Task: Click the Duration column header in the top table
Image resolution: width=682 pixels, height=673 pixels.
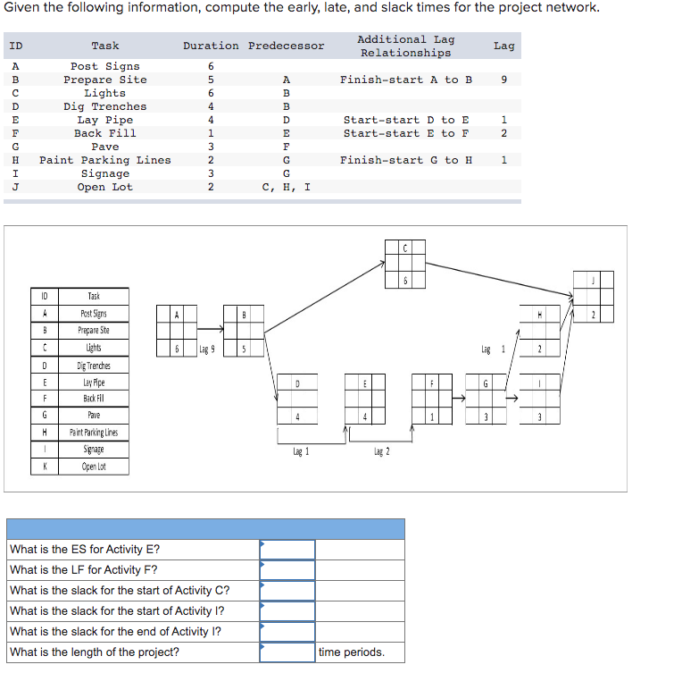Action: pyautogui.click(x=211, y=46)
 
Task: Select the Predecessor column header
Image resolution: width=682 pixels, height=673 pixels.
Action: pyautogui.click(x=287, y=46)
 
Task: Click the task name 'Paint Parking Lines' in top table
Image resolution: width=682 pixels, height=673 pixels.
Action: pyautogui.click(x=105, y=160)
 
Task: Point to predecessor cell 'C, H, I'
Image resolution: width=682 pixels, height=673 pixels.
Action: pyautogui.click(x=287, y=187)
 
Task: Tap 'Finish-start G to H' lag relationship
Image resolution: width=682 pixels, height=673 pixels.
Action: pyautogui.click(x=406, y=160)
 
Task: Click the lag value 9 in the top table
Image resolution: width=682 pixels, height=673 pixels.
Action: pyautogui.click(x=504, y=80)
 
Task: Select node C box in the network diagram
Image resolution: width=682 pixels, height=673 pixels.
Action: pyautogui.click(x=404, y=264)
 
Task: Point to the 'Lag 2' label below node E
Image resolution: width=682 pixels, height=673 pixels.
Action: pyautogui.click(x=380, y=452)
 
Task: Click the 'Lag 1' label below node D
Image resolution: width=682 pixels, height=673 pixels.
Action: pyautogui.click(x=301, y=452)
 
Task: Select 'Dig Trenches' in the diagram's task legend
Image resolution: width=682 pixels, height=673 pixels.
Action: pyautogui.click(x=95, y=366)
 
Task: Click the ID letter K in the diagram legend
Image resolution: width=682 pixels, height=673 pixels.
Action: pyautogui.click(x=45, y=467)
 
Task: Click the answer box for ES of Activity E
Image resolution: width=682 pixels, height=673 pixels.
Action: pyautogui.click(x=287, y=549)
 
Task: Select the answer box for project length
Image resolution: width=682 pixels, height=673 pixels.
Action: pyautogui.click(x=287, y=652)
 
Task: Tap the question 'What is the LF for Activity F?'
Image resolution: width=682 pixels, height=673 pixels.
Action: pyautogui.click(x=84, y=569)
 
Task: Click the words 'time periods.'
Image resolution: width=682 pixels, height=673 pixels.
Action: pyautogui.click(x=352, y=652)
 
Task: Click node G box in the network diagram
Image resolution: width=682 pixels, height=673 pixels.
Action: pyautogui.click(x=486, y=399)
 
